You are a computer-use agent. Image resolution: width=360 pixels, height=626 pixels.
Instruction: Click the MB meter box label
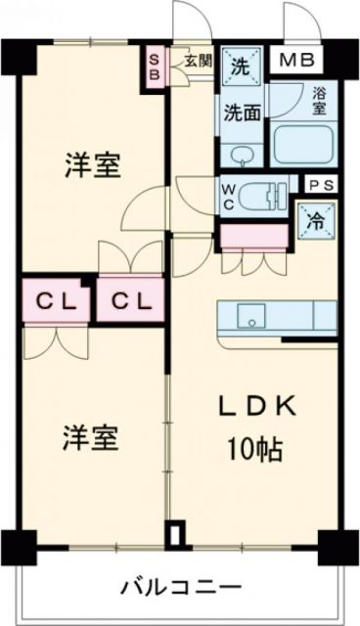tap(294, 62)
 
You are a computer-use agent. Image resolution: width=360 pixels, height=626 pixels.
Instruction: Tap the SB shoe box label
tap(155, 69)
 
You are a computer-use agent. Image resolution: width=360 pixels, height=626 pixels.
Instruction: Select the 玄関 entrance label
tap(196, 60)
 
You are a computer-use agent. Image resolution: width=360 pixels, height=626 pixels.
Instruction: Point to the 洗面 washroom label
tap(241, 111)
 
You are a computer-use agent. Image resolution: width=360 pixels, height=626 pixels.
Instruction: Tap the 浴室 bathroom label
tap(319, 100)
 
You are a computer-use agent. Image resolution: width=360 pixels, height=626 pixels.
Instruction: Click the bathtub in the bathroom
tap(306, 144)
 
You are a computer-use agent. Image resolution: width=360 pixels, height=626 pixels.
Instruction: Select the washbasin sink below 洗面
tap(243, 154)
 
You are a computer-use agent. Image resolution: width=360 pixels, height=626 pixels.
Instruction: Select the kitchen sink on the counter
tap(252, 317)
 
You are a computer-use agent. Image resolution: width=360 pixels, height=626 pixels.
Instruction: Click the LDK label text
tap(256, 407)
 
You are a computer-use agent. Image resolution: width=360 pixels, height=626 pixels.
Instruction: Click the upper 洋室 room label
tap(93, 166)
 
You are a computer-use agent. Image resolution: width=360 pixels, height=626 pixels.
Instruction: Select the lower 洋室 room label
tap(93, 437)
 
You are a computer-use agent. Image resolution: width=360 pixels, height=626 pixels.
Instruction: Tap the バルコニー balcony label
tap(181, 587)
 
